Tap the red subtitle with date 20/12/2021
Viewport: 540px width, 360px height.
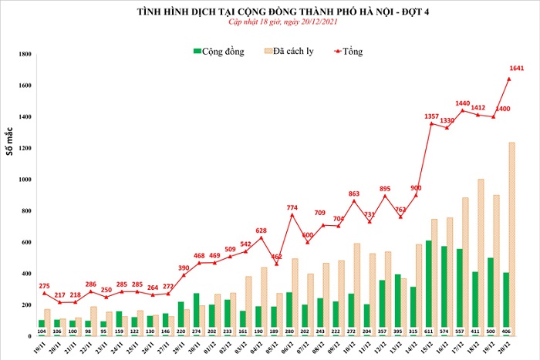[x=269, y=23]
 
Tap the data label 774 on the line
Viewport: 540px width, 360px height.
[x=292, y=207]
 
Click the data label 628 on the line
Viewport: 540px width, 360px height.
[x=262, y=230]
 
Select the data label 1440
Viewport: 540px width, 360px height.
[x=463, y=103]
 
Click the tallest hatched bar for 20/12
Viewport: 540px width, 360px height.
[x=511, y=239]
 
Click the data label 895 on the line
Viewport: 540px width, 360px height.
[x=386, y=188]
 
